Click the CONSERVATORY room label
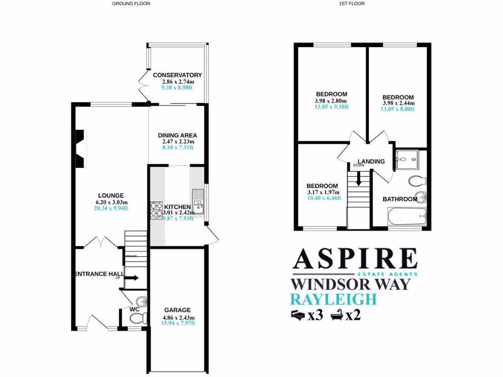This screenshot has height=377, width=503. (x=177, y=75)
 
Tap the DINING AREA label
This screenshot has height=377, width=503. (x=177, y=135)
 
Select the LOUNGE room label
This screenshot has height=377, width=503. (x=111, y=195)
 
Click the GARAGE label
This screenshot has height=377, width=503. (x=177, y=310)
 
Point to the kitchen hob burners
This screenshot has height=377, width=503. (x=156, y=210)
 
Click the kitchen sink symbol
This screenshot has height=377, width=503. (x=198, y=202)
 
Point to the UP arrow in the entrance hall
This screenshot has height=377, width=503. (x=131, y=278)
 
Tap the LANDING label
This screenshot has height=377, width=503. (x=371, y=162)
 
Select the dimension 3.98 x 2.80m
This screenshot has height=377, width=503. (x=331, y=101)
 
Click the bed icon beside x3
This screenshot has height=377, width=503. (x=298, y=314)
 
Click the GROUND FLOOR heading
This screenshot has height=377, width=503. (x=131, y=3)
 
